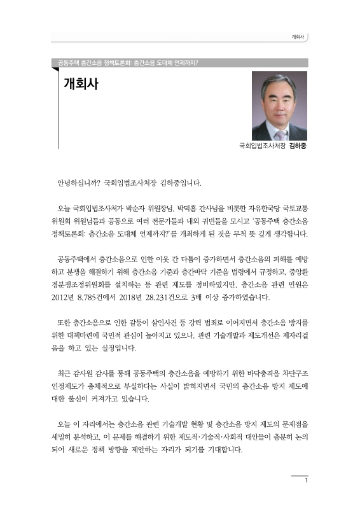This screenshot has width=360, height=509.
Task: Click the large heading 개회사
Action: pyautogui.click(x=81, y=85)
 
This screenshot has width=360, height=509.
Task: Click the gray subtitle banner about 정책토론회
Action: pyautogui.click(x=127, y=63)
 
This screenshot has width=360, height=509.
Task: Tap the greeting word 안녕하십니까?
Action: pyautogui.click(x=78, y=184)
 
